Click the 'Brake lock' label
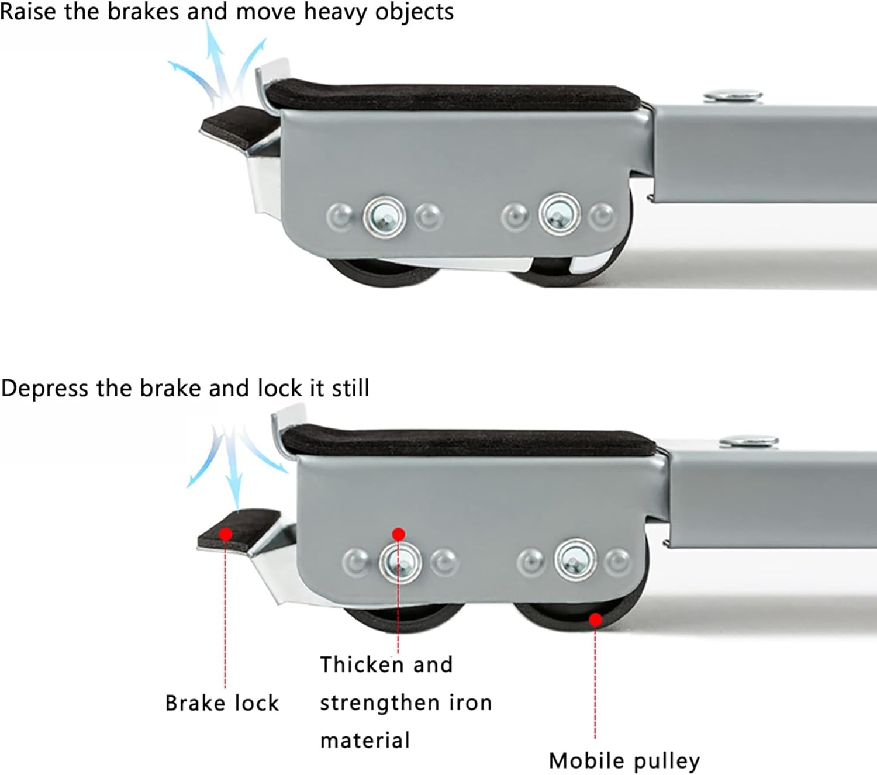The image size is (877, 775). (222, 703)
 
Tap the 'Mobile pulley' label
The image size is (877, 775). (624, 760)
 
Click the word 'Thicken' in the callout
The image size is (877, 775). (361, 665)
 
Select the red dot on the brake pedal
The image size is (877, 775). (226, 534)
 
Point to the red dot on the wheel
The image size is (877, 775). (595, 620)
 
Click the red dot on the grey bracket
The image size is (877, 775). (399, 534)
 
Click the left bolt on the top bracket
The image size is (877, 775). (384, 217)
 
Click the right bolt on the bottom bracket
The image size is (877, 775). (575, 560)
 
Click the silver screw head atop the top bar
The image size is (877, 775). (733, 95)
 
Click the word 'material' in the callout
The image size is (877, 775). (365, 741)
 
